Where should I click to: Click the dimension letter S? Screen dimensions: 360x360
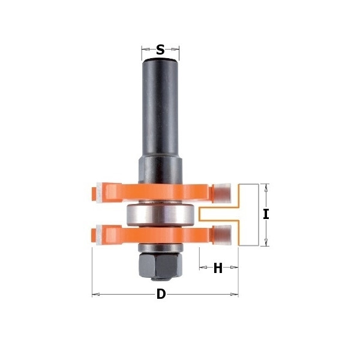(160, 50)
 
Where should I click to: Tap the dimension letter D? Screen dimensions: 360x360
(161, 294)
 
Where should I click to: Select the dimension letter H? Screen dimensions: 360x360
(218, 268)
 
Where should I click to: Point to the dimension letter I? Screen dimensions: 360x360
(266, 214)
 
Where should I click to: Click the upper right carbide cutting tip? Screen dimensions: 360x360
(223, 193)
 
